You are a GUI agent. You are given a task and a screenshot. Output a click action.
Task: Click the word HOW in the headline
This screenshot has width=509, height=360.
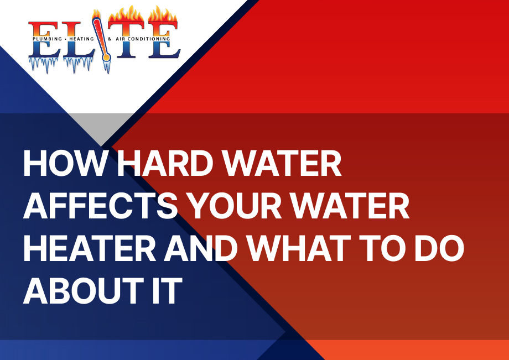pyautogui.click(x=65, y=164)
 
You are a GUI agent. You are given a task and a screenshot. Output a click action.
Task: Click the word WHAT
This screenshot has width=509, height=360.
pyautogui.click(x=299, y=249)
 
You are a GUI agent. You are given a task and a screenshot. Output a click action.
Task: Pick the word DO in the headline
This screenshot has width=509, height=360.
pyautogui.click(x=439, y=249)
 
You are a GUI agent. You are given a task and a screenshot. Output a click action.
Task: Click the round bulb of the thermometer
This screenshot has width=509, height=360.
pyautogui.click(x=106, y=58)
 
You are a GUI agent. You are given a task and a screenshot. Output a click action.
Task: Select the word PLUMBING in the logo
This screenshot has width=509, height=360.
pyautogui.click(x=47, y=39)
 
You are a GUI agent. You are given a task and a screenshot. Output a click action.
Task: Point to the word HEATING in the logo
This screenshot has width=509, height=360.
pyautogui.click(x=81, y=39)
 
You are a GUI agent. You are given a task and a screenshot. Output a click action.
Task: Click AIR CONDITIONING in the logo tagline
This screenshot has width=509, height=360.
pyautogui.click(x=143, y=39)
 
